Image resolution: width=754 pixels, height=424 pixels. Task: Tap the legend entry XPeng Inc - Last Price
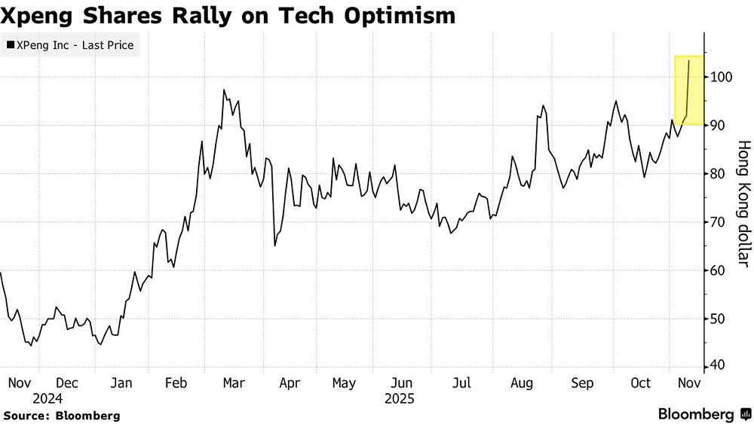[69, 45]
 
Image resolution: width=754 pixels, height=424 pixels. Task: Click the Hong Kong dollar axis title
[742, 203]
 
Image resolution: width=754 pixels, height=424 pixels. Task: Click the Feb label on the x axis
[175, 383]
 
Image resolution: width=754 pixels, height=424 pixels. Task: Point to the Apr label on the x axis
[290, 383]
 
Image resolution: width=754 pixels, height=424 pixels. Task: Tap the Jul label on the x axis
[461, 383]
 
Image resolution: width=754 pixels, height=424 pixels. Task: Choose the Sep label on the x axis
[582, 383]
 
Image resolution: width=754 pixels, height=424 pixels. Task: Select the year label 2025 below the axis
[399, 398]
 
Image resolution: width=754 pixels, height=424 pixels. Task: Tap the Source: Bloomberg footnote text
[62, 415]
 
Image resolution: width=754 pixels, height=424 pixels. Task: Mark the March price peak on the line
[224, 90]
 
